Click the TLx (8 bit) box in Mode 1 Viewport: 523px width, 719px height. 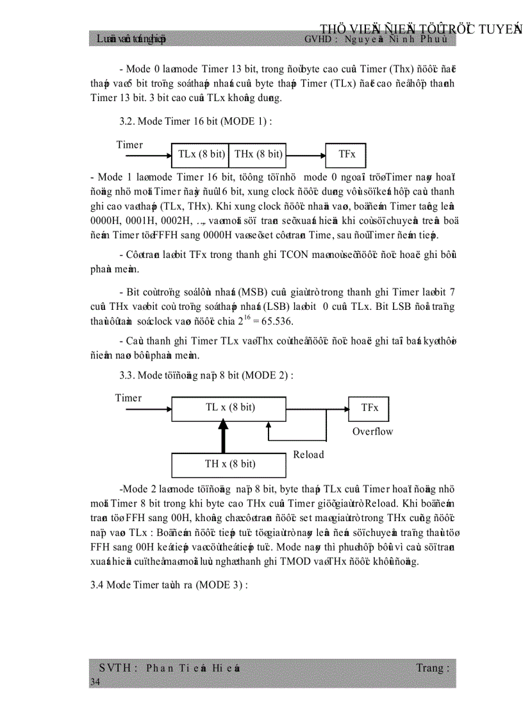coord(200,154)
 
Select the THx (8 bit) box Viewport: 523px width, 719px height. coord(257,154)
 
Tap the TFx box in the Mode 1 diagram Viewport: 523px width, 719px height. coord(347,154)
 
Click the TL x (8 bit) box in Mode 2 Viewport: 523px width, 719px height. coord(229,408)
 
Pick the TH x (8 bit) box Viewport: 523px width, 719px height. coord(229,464)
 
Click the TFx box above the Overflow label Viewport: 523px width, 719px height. coord(369,408)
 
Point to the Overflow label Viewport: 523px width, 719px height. coord(372,432)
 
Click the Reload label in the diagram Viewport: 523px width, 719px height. coord(308,455)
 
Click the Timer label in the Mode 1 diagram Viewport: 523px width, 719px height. coord(129,145)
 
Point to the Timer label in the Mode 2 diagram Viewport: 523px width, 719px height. coord(128,398)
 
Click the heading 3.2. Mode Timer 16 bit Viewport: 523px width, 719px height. coord(195,122)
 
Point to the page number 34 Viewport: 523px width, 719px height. coord(95,683)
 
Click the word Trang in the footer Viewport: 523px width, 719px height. coord(430,668)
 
